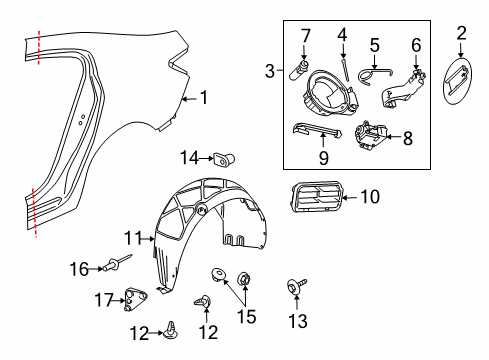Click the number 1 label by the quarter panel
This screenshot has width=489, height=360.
[x=204, y=98]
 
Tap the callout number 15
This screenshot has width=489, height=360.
[x=246, y=317]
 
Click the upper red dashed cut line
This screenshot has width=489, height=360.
[x=38, y=47]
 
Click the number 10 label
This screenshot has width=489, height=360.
[x=369, y=197]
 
